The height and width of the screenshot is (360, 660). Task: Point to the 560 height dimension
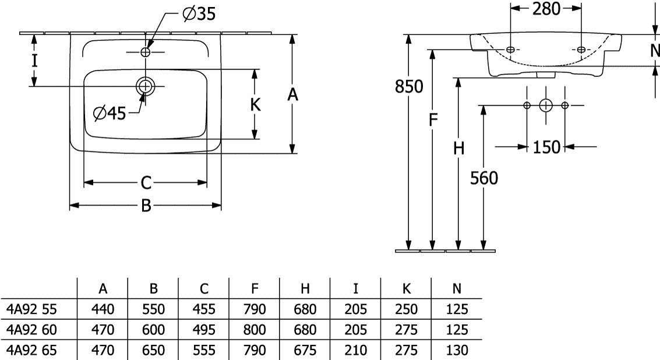pos(483,178)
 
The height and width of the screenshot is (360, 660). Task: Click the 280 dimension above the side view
pos(546,8)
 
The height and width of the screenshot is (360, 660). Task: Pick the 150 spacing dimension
pos(546,147)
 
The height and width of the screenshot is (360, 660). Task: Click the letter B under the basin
pos(146,206)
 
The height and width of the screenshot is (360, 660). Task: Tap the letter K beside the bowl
pos(255,105)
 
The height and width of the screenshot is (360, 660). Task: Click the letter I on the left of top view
pos(34,61)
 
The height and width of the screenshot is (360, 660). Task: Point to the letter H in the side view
pos(459,149)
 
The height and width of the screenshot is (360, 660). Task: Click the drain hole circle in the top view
pos(144,87)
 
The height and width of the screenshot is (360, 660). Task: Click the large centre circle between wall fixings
pos(546,105)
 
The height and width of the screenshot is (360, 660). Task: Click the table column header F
pos(255,288)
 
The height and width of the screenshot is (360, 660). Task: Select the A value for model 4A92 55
pos(103,309)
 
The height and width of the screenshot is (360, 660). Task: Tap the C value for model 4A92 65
pos(204,350)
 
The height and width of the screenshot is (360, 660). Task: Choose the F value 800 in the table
pos(255,330)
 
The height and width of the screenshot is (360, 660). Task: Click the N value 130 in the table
pos(456,350)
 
